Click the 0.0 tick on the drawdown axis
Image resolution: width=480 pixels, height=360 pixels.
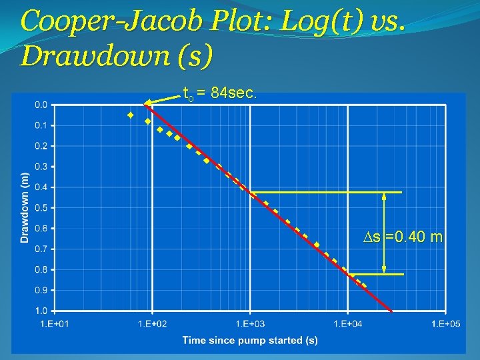point(41,105)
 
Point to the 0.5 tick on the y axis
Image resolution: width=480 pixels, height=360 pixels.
point(41,208)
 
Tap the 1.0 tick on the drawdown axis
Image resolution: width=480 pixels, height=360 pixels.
point(41,311)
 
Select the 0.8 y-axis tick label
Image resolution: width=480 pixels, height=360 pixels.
point(41,270)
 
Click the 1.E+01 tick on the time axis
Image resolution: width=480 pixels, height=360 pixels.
point(55,323)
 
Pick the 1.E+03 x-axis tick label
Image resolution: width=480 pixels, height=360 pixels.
point(250,323)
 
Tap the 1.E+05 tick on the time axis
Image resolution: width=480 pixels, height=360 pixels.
point(445,323)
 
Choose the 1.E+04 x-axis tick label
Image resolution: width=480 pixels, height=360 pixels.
point(347,323)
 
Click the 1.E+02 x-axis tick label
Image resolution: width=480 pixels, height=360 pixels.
point(153,323)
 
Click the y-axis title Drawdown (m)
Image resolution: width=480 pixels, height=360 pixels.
point(25,207)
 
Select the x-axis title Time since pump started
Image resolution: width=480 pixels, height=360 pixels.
point(250,341)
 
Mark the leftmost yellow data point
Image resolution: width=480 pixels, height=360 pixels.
point(131,115)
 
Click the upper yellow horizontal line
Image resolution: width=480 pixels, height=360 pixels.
point(327,192)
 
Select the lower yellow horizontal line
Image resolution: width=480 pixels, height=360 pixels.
point(377,274)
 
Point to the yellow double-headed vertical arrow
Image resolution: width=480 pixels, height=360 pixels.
point(385,233)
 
